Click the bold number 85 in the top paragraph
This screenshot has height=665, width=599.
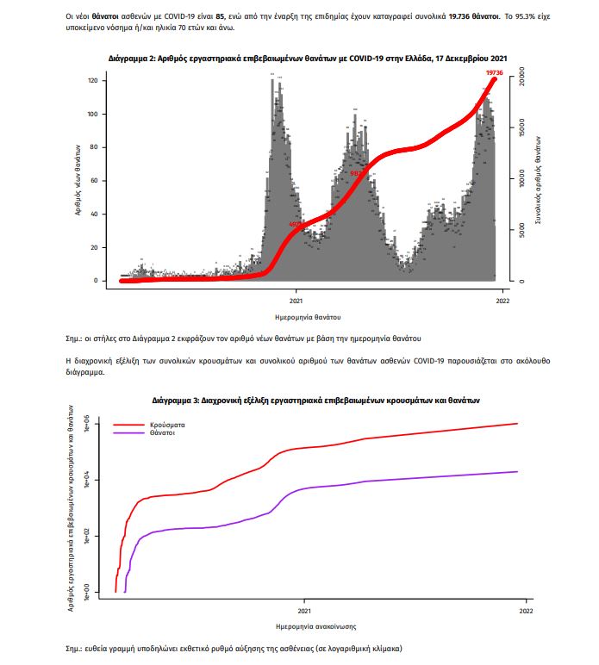[x=220, y=16]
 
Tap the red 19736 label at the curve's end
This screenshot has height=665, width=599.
[x=494, y=73]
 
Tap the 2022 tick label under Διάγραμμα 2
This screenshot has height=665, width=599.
[x=502, y=301]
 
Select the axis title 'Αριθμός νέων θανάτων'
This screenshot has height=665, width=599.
[x=77, y=181]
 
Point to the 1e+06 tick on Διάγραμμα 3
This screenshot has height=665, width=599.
[x=97, y=425]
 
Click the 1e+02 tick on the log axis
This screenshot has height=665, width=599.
[x=97, y=536]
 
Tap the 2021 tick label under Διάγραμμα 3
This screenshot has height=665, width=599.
[x=303, y=611]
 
